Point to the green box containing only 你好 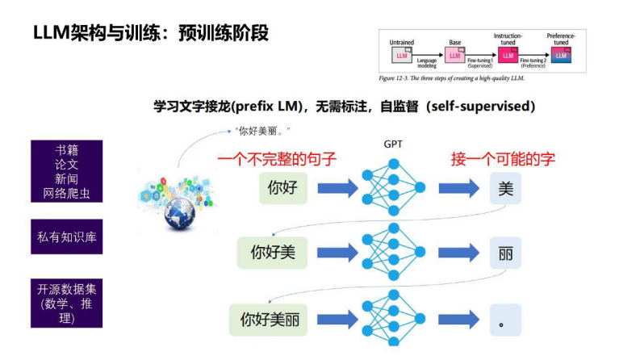pyautogui.click(x=282, y=188)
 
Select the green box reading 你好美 pyautogui.click(x=273, y=253)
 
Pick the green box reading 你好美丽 pyautogui.click(x=269, y=320)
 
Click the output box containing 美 pyautogui.click(x=505, y=188)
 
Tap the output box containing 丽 pyautogui.click(x=505, y=253)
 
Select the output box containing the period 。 pyautogui.click(x=505, y=320)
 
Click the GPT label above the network pyautogui.click(x=394, y=143)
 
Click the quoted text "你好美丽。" pyautogui.click(x=261, y=130)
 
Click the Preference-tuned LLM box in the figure pyautogui.click(x=560, y=54)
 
